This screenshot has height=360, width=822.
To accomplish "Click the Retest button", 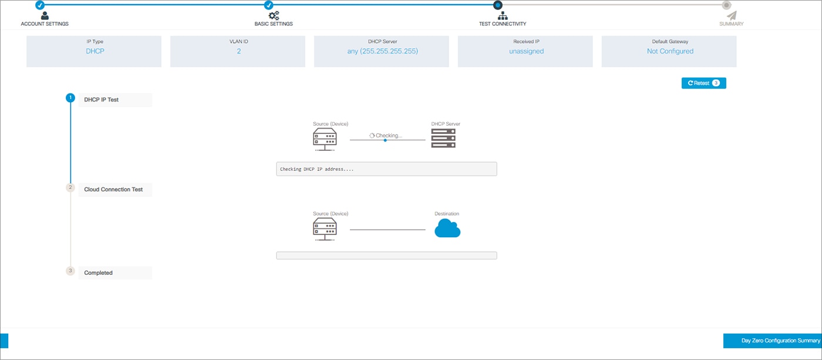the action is pyautogui.click(x=703, y=83).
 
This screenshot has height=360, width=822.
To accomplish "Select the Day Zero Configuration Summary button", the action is pyautogui.click(x=773, y=341).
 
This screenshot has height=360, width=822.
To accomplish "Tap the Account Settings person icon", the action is pyautogui.click(x=45, y=16).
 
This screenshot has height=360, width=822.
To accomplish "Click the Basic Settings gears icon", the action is pyautogui.click(x=274, y=16).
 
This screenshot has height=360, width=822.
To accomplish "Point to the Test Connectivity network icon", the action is pyautogui.click(x=503, y=16).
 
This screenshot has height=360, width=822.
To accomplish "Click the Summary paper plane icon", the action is pyautogui.click(x=732, y=16).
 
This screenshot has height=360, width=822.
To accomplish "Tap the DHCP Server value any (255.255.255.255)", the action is pyautogui.click(x=382, y=51).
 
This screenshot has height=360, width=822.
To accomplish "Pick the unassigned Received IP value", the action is pyautogui.click(x=525, y=51).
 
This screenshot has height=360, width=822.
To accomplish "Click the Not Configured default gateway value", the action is pyautogui.click(x=669, y=51).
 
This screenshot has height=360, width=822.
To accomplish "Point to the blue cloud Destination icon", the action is pyautogui.click(x=447, y=229).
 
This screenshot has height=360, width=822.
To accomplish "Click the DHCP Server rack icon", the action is pyautogui.click(x=443, y=139).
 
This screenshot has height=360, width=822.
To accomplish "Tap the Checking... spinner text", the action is pyautogui.click(x=386, y=136).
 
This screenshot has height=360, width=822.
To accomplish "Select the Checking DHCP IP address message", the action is pyautogui.click(x=317, y=169).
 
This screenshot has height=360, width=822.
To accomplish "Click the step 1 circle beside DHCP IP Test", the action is pyautogui.click(x=70, y=98).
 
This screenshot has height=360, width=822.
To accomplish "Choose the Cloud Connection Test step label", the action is pyautogui.click(x=113, y=190).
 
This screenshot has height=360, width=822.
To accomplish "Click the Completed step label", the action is pyautogui.click(x=98, y=272).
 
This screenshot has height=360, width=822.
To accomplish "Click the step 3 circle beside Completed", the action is pyautogui.click(x=70, y=271).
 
